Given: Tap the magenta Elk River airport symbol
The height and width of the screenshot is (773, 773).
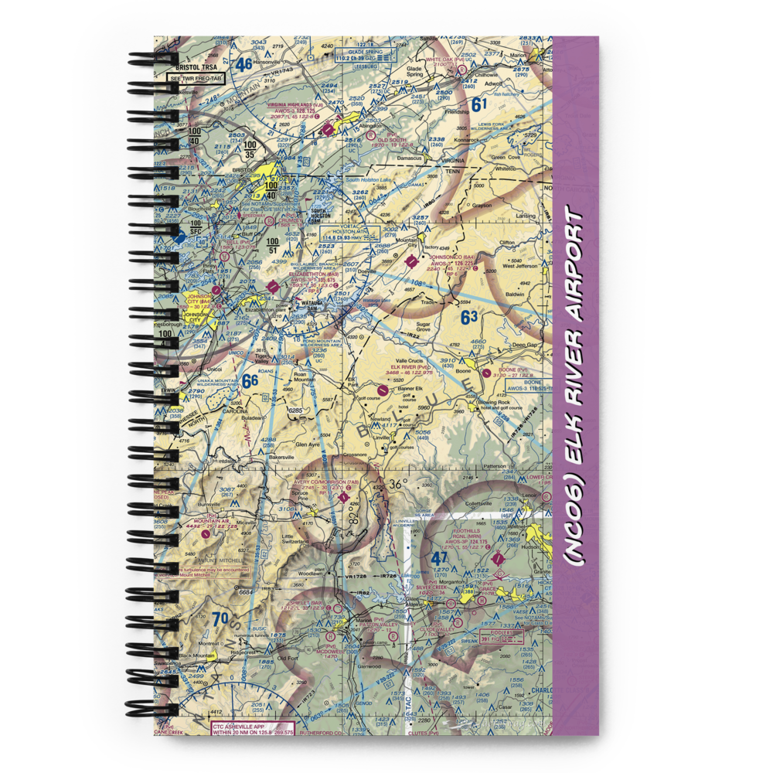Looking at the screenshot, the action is coord(383,391).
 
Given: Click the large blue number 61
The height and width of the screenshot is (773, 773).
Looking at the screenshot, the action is coord(480,105).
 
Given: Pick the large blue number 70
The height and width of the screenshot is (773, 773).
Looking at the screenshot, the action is coord(220,618).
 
